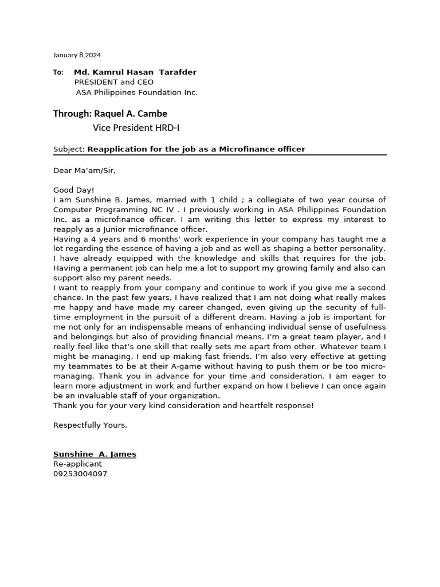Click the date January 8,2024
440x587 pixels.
tap(77, 55)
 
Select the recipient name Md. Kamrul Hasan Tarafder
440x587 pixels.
tap(135, 72)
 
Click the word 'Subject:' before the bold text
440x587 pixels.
tap(69, 149)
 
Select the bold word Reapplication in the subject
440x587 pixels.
tap(116, 149)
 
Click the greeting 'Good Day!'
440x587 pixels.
tap(73, 190)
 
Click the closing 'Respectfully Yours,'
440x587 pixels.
tap(90, 425)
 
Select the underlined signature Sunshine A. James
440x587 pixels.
tap(95, 454)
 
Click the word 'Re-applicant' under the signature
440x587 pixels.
tap(77, 464)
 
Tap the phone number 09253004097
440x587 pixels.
tap(80, 474)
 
